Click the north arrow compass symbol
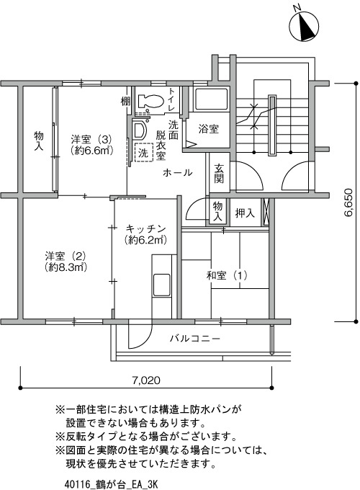tap(304, 25)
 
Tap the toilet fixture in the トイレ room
tap(150, 101)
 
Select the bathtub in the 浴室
tap(211, 99)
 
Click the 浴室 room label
tap(208, 129)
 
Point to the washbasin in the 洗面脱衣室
tap(139, 130)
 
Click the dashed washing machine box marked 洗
tap(143, 153)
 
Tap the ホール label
tap(177, 172)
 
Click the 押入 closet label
tap(245, 213)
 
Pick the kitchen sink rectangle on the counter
tap(161, 285)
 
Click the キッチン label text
tap(145, 229)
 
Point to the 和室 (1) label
tap(227, 275)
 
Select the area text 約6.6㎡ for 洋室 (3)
tap(91, 151)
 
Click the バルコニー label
tap(195, 339)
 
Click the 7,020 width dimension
tap(146, 380)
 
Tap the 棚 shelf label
tap(125, 102)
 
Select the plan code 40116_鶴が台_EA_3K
tap(112, 484)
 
